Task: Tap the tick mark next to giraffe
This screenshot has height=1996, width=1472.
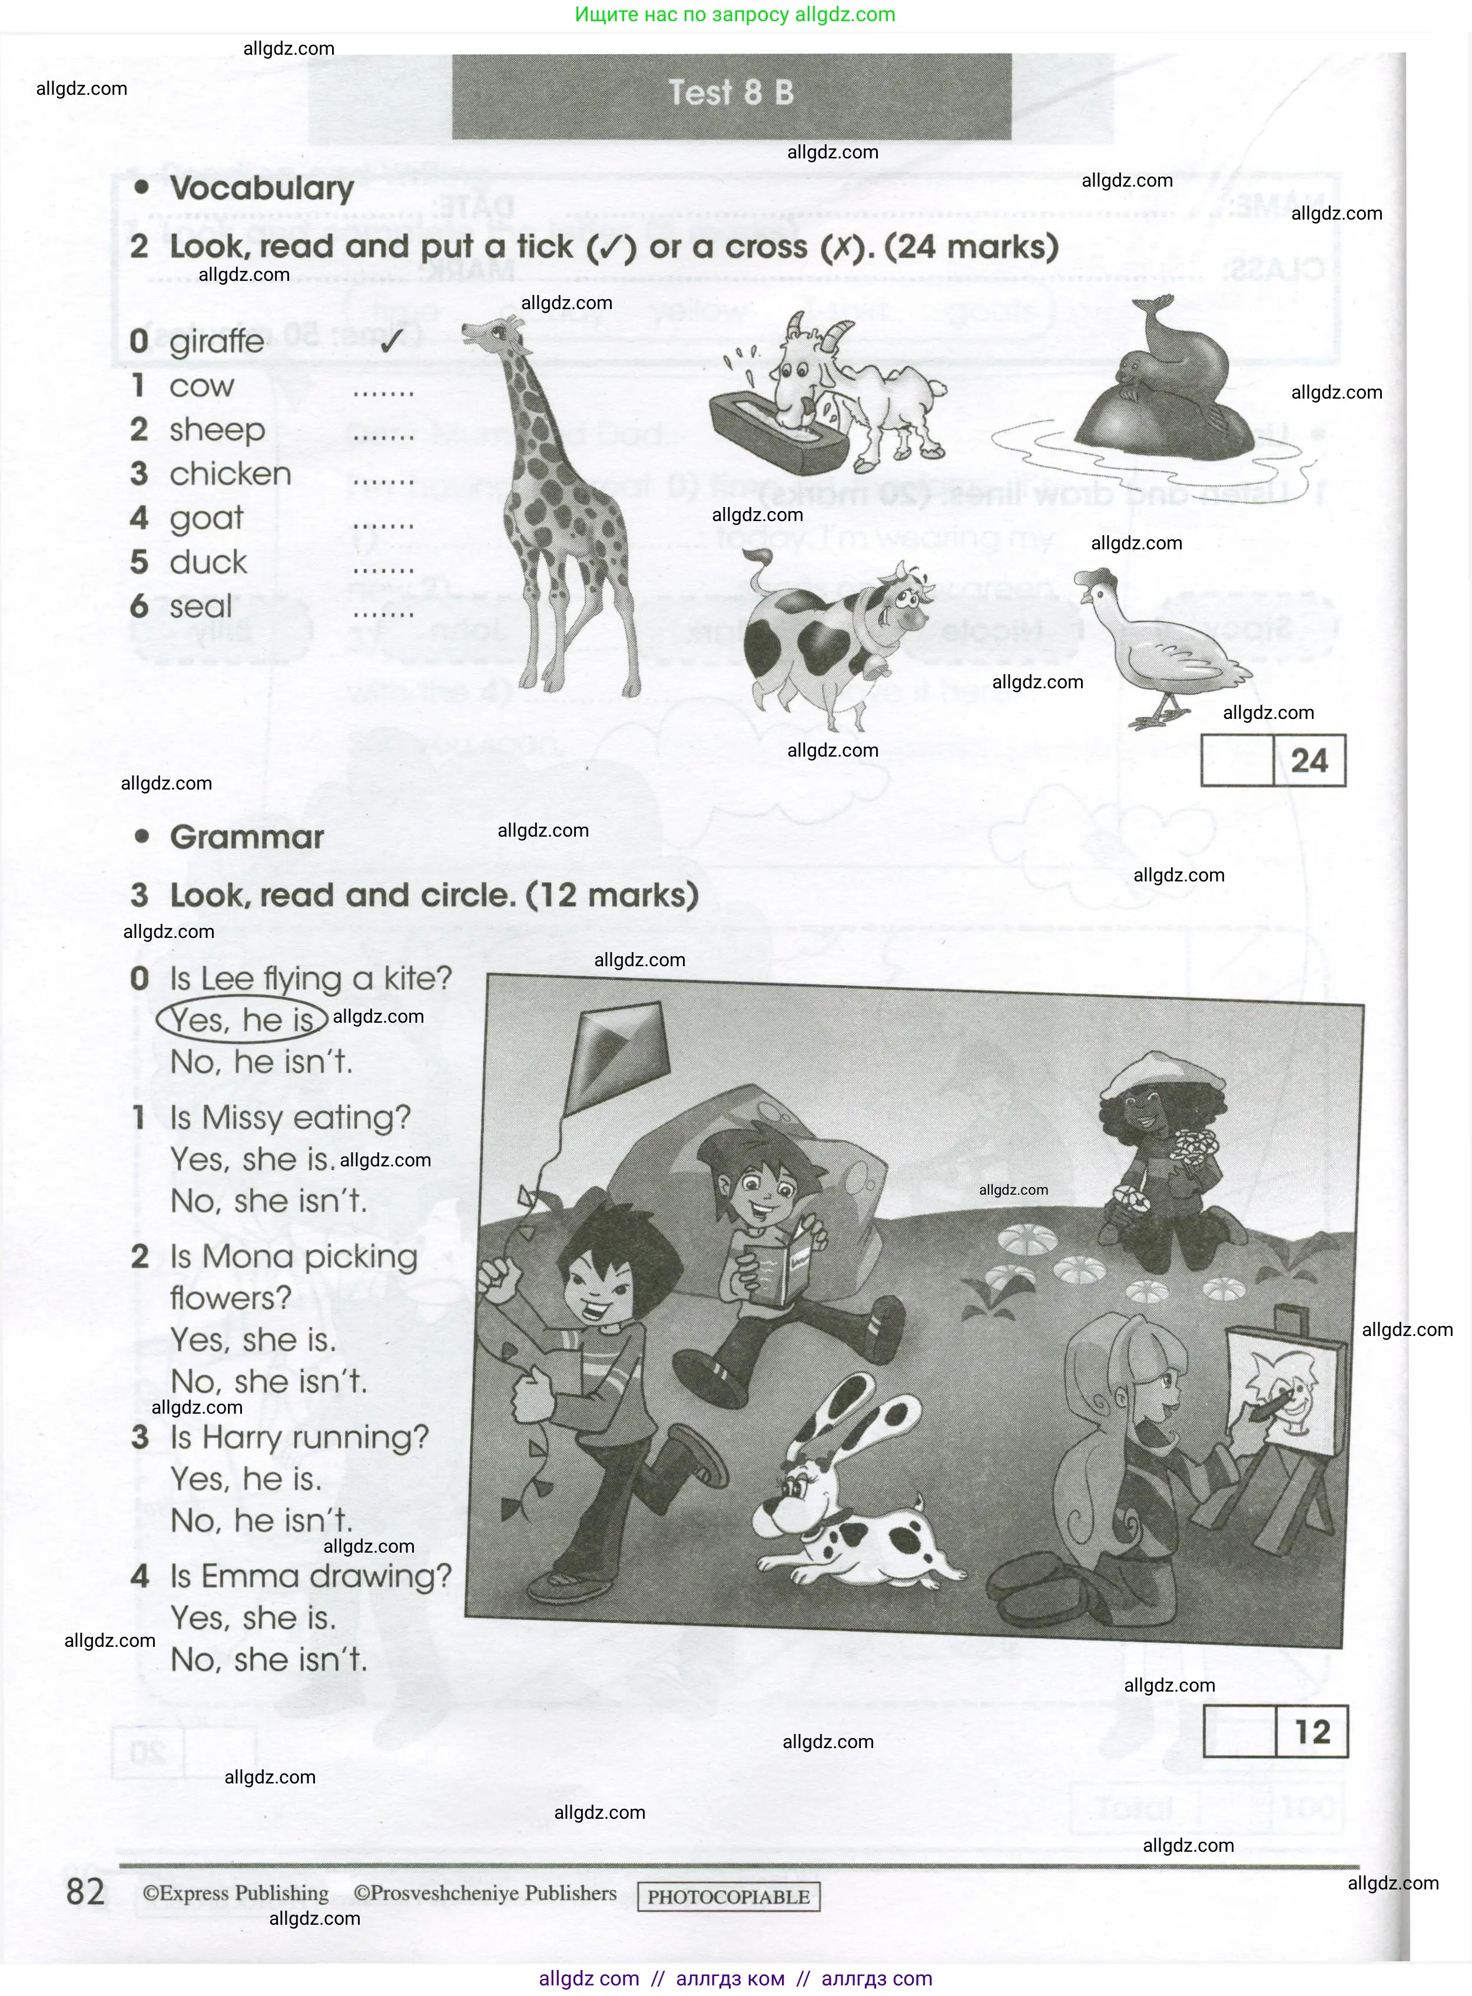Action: click(x=387, y=339)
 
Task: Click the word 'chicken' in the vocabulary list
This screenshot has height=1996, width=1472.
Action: click(x=230, y=474)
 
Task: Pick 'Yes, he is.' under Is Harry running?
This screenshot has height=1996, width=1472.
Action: click(x=246, y=1479)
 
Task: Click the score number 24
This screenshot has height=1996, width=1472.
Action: click(x=1309, y=761)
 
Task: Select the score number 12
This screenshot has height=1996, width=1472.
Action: click(x=1312, y=1732)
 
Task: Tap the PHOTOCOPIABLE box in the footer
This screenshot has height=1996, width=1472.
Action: click(x=728, y=1896)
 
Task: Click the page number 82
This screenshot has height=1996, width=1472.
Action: click(x=85, y=1891)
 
